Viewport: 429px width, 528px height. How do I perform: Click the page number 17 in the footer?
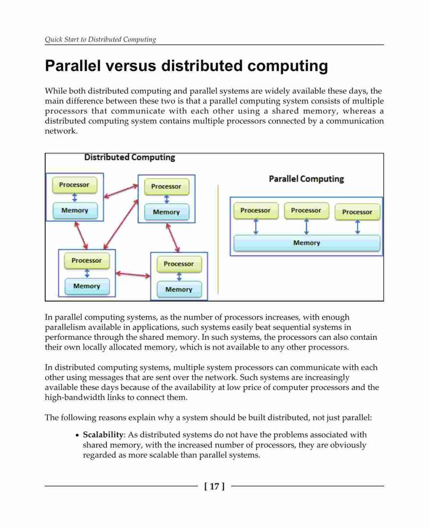point(214,487)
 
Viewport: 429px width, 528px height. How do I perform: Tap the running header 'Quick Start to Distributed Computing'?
point(100,39)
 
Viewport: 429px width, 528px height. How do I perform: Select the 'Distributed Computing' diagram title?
point(130,157)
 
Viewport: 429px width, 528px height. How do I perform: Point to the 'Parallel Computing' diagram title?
point(306,179)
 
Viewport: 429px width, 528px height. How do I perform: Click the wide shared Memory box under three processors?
point(307,243)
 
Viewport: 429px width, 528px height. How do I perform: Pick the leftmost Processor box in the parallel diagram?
point(256,211)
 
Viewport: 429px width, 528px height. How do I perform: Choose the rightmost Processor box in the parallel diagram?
point(357,212)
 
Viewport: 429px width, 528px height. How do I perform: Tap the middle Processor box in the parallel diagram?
point(306,211)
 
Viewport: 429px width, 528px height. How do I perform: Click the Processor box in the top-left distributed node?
point(75,185)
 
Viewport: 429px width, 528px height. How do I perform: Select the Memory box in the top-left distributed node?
point(75,211)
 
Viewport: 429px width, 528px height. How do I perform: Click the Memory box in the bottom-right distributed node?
point(179,289)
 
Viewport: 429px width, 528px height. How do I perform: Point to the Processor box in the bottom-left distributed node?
point(86,261)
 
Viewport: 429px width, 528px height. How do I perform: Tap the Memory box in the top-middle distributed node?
point(166,212)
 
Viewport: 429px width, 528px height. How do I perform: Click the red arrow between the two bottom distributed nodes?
point(133,275)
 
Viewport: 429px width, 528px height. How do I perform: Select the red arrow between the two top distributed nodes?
point(121,191)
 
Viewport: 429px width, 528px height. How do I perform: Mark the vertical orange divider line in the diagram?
point(218,239)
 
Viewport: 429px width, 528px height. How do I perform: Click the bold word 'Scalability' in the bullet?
point(103,435)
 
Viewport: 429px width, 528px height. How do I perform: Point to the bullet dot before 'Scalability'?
point(77,435)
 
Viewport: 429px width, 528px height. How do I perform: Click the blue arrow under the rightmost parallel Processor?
point(358,227)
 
